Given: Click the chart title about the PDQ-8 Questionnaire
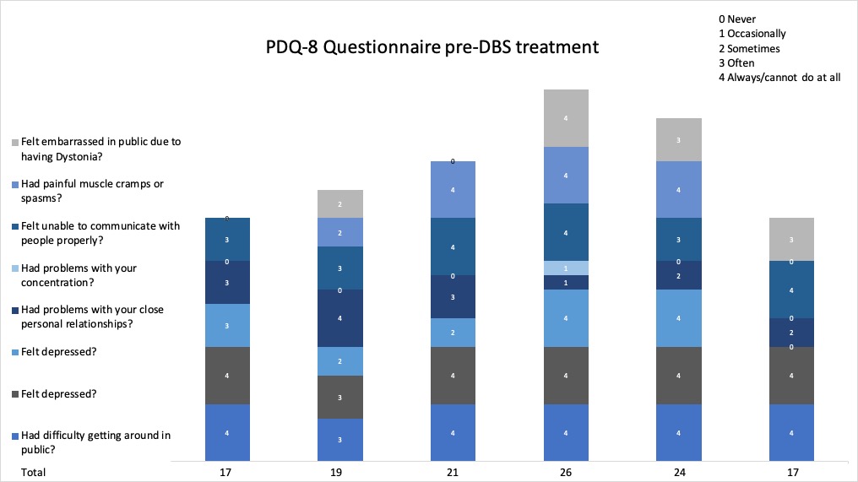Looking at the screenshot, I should [x=432, y=48].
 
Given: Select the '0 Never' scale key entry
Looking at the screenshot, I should [x=737, y=19].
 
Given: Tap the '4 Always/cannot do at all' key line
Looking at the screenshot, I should [x=779, y=78].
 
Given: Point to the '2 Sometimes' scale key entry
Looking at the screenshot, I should [x=748, y=48].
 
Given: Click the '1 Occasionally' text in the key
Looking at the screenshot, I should [x=752, y=34].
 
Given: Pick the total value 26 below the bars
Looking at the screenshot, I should [x=565, y=472].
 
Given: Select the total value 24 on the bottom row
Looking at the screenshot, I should [x=679, y=472].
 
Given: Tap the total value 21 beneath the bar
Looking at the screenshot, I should [x=453, y=472].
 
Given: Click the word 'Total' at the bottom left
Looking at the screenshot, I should [x=33, y=472].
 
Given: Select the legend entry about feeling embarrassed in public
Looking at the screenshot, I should [x=100, y=149].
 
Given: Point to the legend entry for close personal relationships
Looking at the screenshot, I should [x=93, y=317].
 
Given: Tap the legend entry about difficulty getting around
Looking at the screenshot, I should [x=95, y=442].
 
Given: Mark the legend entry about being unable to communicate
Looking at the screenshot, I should [x=100, y=233].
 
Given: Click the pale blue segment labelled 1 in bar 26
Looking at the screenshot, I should [x=565, y=268].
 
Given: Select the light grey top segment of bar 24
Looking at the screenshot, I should [x=679, y=139].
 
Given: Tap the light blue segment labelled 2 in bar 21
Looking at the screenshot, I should [x=453, y=333].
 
